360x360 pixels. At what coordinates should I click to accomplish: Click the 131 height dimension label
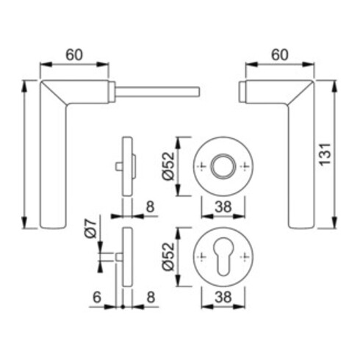(x=326, y=154)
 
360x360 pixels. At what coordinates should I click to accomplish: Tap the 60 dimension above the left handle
(x=74, y=55)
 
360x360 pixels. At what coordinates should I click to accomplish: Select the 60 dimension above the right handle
(x=280, y=55)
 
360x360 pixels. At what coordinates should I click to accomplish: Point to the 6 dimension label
(x=97, y=297)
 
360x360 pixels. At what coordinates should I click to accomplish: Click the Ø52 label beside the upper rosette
(x=168, y=166)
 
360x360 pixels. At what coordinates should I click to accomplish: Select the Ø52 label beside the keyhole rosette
(x=168, y=256)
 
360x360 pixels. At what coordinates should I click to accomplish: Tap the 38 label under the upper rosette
(x=223, y=206)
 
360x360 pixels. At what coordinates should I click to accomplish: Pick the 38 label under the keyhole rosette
(x=223, y=297)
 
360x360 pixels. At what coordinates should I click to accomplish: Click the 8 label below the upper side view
(x=151, y=206)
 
